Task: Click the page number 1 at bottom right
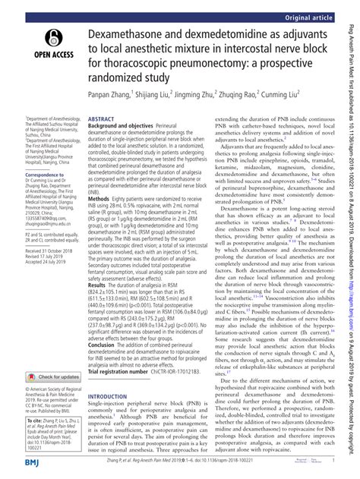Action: pyautogui.click(x=334, y=460)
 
